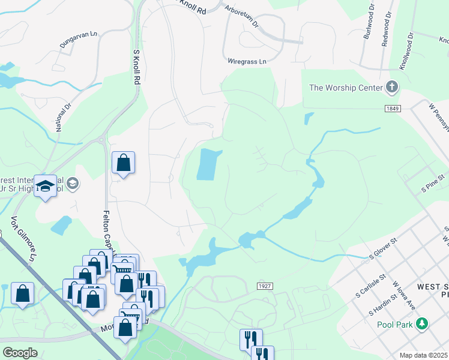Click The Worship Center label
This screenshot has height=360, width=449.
(x=346, y=88)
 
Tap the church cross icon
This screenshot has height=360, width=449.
(x=392, y=88)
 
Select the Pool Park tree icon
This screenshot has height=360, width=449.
(x=422, y=324)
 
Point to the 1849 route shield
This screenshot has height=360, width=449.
(x=393, y=108)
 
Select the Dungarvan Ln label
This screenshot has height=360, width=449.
(x=79, y=40)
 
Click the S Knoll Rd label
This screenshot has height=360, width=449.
(x=137, y=67)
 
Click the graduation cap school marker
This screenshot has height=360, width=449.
(x=45, y=187)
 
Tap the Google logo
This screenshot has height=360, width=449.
(x=20, y=353)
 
